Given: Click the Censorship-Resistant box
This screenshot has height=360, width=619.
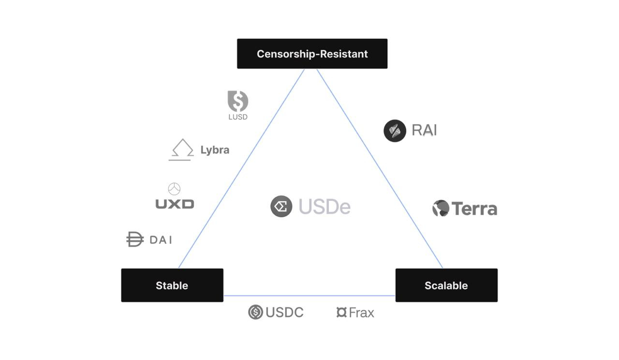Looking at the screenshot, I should click(x=312, y=54).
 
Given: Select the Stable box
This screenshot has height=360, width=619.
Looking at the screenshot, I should click(x=172, y=285).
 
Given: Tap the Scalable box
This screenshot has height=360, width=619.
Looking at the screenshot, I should click(x=446, y=285).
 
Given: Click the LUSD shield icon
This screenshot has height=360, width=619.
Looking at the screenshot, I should click(x=238, y=101).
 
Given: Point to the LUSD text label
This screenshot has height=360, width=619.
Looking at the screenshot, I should click(x=238, y=117).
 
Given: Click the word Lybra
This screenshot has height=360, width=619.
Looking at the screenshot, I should click(x=215, y=150).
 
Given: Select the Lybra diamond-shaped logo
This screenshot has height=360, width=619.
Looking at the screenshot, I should click(x=182, y=150).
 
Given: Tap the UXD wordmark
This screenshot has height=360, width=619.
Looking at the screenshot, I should click(x=175, y=204).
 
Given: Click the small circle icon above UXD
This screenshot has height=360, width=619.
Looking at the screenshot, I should click(x=174, y=189).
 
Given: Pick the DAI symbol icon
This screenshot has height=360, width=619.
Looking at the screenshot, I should click(x=135, y=239).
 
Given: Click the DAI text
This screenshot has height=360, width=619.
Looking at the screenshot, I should click(x=161, y=240).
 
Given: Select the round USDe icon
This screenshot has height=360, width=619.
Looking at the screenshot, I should click(x=281, y=207).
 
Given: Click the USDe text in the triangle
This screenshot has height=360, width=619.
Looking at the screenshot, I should click(x=324, y=207).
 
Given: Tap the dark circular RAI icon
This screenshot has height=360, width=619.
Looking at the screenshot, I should click(x=395, y=131).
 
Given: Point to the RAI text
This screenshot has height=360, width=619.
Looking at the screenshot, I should click(x=424, y=130).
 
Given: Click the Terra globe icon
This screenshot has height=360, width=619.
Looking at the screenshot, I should click(x=441, y=208).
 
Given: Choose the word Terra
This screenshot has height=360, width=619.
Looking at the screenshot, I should click(x=474, y=209).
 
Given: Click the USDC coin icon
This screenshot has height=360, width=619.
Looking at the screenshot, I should click(x=255, y=312).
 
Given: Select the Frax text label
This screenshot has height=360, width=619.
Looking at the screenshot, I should click(x=361, y=313).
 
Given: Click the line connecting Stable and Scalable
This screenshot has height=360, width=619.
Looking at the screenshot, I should click(x=309, y=296).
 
